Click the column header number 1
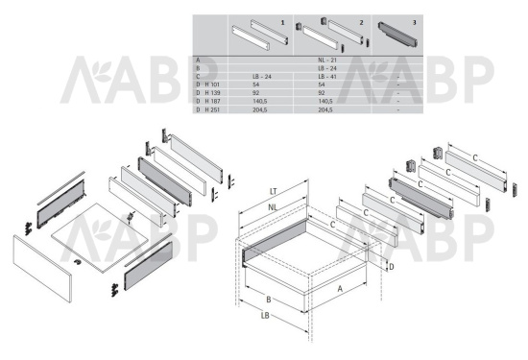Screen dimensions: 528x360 (282, 23)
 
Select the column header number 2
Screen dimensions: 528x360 (361, 23)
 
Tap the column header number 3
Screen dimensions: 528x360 (414, 23)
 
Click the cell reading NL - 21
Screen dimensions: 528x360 (327, 60)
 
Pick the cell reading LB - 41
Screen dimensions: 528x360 (327, 77)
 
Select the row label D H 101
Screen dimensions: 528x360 (207, 84)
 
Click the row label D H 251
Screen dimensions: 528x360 (207, 109)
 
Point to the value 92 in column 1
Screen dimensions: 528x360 (256, 92)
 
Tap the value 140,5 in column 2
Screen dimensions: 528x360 (325, 101)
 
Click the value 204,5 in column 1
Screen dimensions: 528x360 (260, 109)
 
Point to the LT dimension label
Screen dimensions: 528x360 (273, 192)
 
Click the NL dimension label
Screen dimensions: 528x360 (273, 207)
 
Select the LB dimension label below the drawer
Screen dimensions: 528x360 (265, 316)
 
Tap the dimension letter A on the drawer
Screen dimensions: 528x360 (340, 289)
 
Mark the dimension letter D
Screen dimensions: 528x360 (392, 267)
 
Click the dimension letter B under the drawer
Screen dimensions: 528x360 (269, 300)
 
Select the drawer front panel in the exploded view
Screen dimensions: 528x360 (42, 269)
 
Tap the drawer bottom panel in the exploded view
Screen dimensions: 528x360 (100, 238)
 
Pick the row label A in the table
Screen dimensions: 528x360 (198, 60)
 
